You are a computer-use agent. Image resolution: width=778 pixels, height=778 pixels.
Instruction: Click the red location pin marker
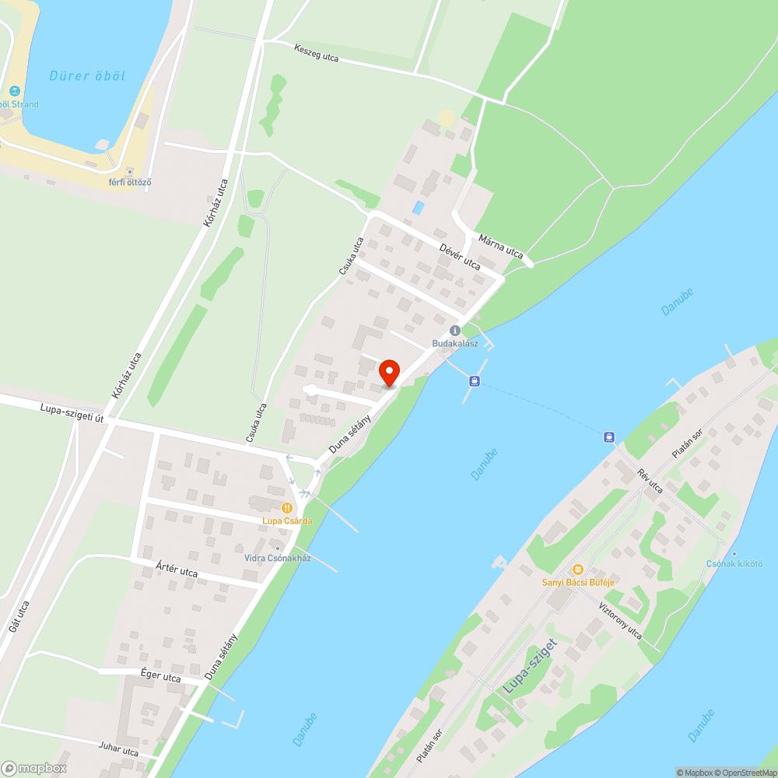point(389,372)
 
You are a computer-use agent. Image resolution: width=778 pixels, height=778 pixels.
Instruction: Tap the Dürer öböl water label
point(87,76)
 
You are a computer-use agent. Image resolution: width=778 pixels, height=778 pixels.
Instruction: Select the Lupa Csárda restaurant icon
point(287,508)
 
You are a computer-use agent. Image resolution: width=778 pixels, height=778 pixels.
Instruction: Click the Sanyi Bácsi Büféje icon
point(577,569)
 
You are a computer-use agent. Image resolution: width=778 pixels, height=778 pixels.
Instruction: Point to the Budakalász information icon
point(455,331)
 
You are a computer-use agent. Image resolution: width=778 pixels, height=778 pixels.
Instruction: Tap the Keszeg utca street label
point(317,53)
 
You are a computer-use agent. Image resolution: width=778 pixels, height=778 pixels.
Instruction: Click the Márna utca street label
point(501,246)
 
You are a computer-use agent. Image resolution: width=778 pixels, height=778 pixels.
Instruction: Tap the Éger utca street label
point(161,677)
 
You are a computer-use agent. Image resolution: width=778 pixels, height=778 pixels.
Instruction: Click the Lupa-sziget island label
point(531,667)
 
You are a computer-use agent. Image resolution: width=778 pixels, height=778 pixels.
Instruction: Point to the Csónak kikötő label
point(734,563)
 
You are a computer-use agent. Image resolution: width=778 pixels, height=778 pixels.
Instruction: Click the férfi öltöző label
point(130,182)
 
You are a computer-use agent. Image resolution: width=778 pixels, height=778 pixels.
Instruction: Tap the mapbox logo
point(35,767)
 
